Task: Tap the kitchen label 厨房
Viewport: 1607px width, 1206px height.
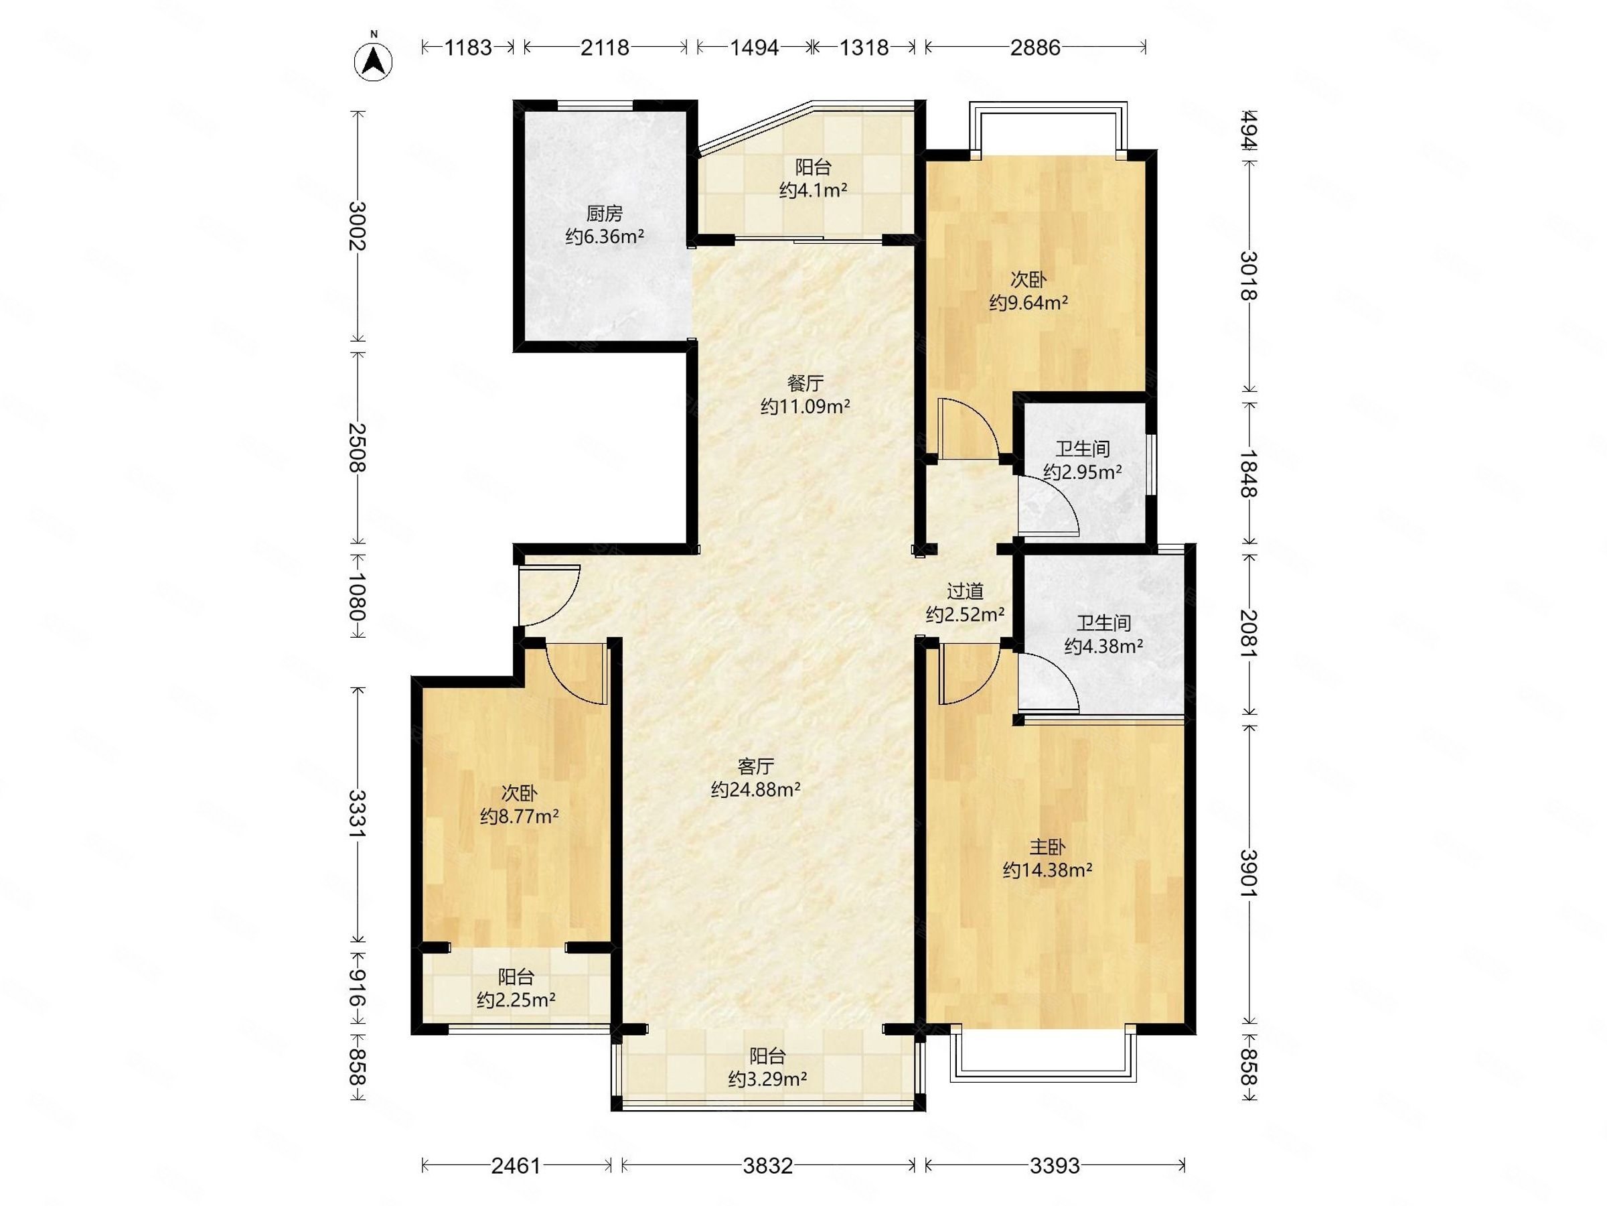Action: coord(605,214)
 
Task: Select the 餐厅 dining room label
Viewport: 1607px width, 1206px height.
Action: coord(805,383)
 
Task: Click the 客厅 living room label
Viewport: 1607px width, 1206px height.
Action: coord(755,766)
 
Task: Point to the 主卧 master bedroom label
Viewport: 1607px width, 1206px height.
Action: coord(1048,847)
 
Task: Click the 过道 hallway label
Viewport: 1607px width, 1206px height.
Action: coord(965,592)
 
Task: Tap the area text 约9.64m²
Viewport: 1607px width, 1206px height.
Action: coord(1028,302)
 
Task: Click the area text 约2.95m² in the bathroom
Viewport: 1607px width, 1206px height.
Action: coord(1083,472)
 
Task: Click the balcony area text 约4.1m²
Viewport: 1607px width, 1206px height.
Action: coord(813,190)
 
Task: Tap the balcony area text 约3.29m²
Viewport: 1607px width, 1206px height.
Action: coord(767,1079)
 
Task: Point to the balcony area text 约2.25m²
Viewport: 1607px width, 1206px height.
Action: coord(516,1000)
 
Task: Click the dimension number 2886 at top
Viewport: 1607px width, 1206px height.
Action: coord(1035,48)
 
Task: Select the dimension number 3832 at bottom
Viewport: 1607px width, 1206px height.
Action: coord(767,1166)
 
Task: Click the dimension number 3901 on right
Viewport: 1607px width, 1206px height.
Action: coord(1249,873)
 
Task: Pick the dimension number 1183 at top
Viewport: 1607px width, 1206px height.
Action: coord(468,48)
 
